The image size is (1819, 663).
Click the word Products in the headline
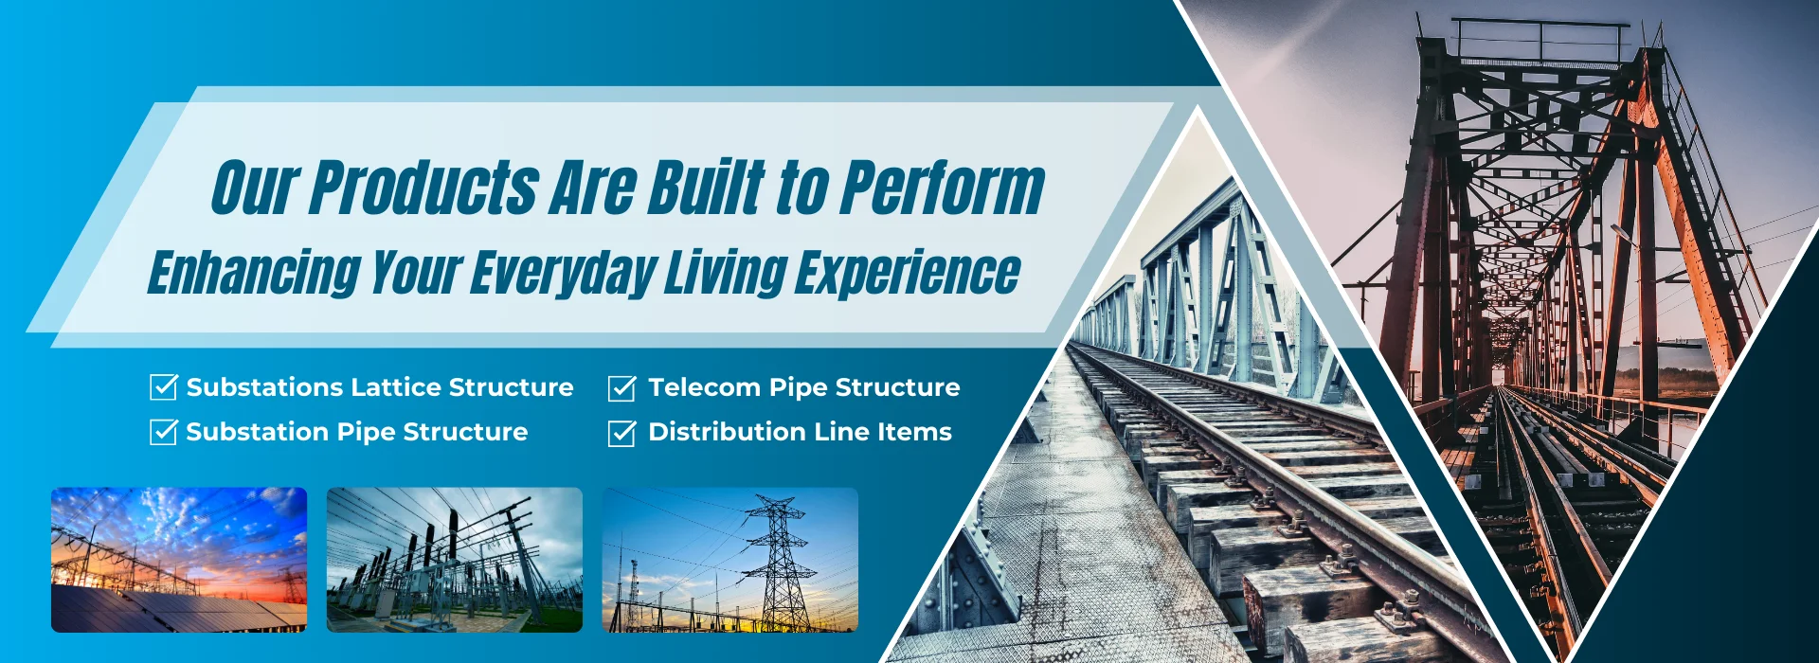click(423, 187)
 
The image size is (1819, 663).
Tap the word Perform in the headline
click(943, 187)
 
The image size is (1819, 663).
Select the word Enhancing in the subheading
click(255, 273)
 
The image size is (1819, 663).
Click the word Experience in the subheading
click(908, 273)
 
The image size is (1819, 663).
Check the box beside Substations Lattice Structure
click(164, 386)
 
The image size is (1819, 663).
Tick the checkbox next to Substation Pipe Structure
click(164, 431)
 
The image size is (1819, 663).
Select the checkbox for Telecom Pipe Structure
click(621, 387)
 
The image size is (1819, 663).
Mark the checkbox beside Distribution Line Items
click(621, 432)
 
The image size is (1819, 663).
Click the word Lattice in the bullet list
click(397, 387)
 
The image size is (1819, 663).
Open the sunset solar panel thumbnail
click(179, 560)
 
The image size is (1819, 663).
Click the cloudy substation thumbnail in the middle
click(455, 560)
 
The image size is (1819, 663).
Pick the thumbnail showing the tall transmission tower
click(730, 560)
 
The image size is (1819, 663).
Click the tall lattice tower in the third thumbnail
click(777, 564)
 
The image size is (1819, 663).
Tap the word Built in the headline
click(707, 187)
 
